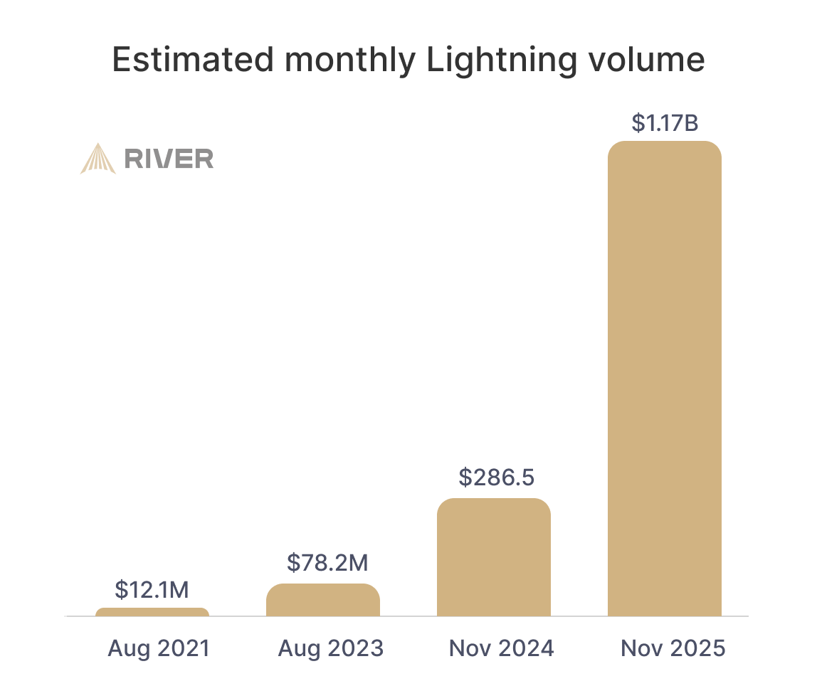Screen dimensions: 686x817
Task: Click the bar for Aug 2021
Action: pos(152,612)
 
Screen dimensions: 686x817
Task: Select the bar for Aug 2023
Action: pos(323,600)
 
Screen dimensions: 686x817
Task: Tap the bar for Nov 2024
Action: pos(494,557)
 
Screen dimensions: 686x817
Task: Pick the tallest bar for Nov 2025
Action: pos(665,379)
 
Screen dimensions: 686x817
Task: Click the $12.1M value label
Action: pos(152,590)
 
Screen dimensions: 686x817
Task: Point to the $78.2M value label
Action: pos(327,563)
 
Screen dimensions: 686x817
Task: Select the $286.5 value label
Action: pos(496,477)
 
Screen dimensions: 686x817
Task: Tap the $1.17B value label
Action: pos(665,123)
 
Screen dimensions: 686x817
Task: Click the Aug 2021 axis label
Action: pos(159,648)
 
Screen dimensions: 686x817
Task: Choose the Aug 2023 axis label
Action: pos(330,648)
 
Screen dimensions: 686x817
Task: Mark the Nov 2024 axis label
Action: pos(501,648)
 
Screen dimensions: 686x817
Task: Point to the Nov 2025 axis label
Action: pos(673,648)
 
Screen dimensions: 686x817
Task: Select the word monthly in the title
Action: pos(349,60)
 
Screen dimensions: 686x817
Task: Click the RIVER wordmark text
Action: pos(169,159)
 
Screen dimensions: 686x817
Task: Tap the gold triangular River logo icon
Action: pos(97,159)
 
